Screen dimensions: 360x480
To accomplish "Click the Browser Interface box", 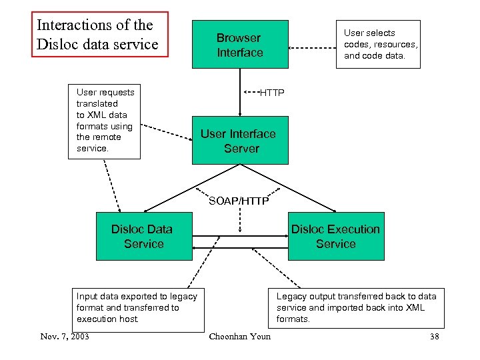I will pos(240,45).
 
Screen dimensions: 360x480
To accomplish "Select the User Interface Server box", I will pos(240,141).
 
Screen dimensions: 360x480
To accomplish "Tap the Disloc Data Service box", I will pos(143,237).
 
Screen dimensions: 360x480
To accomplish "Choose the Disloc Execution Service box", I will pos(336,237).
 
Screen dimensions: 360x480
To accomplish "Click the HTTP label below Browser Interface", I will pos(271,92).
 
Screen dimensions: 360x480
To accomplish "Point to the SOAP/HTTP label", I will pos(239,201).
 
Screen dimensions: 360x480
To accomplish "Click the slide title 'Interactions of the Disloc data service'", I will pos(100,35).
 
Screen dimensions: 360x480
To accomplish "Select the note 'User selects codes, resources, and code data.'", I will pos(381,45).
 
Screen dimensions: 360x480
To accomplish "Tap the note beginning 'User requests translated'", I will pos(105,121).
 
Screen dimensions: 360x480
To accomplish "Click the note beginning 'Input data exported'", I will pos(137,307).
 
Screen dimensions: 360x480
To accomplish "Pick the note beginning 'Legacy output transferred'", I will pos(356,307).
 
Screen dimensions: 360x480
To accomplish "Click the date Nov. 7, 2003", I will pos(65,336).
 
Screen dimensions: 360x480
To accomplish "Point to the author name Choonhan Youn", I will pos(240,337).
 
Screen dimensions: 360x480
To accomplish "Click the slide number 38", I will pos(435,337).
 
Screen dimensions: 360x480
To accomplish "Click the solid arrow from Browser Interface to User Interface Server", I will pos(240,92).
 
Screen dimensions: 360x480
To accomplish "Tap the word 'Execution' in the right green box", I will pos(353,229).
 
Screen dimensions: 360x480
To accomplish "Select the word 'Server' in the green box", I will pos(241,149).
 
